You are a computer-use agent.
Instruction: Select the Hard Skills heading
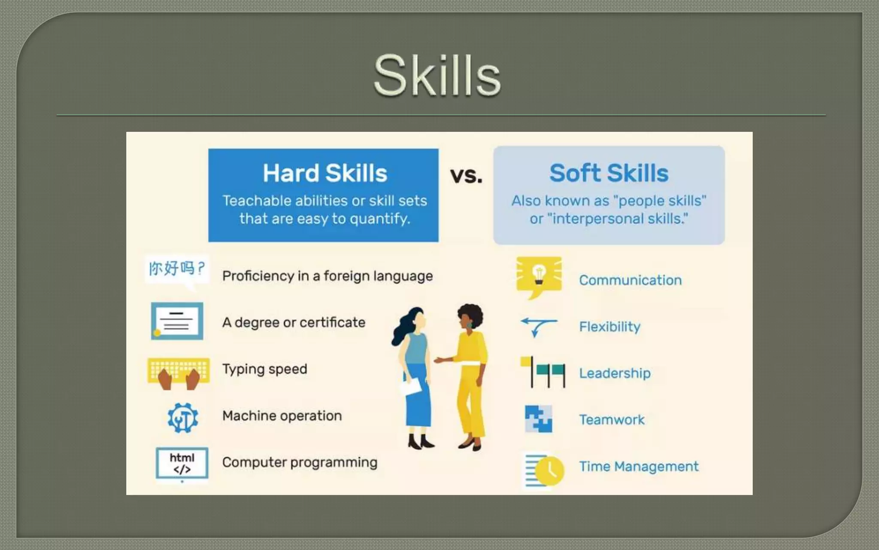click(325, 173)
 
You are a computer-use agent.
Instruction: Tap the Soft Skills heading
click(609, 173)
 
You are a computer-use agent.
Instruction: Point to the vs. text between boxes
click(466, 175)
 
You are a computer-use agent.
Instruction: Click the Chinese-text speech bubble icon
click(177, 269)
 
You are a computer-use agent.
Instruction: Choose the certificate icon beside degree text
click(177, 321)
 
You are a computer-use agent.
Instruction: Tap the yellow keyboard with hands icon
click(179, 372)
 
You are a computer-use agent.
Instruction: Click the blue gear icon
click(183, 417)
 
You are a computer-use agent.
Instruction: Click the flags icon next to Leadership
click(543, 372)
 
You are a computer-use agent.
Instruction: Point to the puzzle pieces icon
click(539, 419)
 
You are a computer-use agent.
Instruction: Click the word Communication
click(630, 280)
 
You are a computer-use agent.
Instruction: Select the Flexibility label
click(609, 327)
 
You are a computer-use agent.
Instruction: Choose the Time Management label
click(639, 466)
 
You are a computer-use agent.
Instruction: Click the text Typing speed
click(265, 369)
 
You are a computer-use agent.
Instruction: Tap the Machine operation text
click(282, 416)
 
